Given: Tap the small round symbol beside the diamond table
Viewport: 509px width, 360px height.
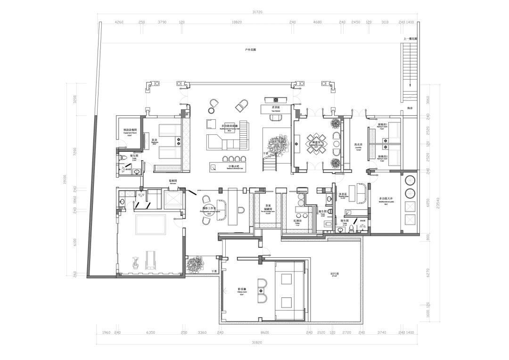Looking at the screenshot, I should click(336, 143).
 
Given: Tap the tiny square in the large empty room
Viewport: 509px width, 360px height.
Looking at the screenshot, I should click(261, 291).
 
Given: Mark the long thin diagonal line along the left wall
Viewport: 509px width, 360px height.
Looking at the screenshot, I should click(92, 193).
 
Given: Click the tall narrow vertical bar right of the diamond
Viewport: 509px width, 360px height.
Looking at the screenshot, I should click(347, 143).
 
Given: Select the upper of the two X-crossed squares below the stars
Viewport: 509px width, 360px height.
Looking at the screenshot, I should click(410, 206).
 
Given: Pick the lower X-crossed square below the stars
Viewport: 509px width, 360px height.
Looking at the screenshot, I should click(410, 220).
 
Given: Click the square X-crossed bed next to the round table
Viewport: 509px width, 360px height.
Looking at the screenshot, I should click(173, 198).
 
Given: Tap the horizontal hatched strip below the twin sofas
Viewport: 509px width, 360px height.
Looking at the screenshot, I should click(168, 168).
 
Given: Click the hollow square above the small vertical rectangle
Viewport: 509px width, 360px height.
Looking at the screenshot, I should click(230, 127).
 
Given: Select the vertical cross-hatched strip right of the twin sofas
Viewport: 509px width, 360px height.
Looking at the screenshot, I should click(186, 143).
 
